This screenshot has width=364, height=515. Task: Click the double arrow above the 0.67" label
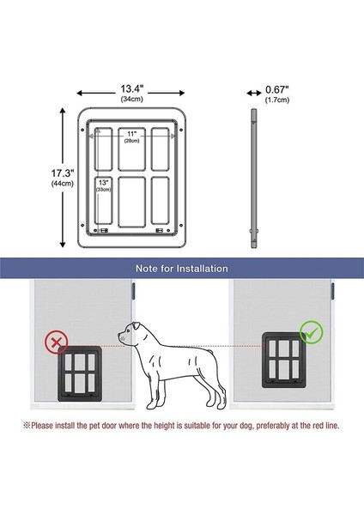[254, 92]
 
